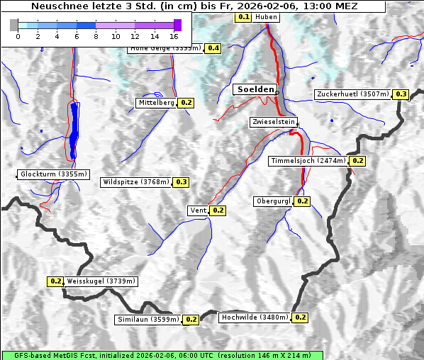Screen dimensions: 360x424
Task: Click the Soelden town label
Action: [254, 89]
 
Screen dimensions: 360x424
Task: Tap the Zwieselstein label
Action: [273, 123]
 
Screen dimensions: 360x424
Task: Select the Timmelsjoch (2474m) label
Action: [308, 161]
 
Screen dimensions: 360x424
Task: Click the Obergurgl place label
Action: [273, 201]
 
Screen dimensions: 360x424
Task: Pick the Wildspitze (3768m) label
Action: [136, 182]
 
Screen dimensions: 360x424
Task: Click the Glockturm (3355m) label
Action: [54, 174]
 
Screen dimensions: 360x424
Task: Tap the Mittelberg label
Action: [156, 103]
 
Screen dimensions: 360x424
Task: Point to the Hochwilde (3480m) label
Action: [254, 317]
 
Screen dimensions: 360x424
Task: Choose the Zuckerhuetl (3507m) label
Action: [352, 94]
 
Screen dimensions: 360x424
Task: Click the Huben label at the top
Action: [267, 17]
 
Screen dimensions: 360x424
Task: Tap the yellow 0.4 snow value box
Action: [213, 48]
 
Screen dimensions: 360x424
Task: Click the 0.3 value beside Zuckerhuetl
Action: [401, 94]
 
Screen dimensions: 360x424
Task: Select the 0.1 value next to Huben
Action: [243, 16]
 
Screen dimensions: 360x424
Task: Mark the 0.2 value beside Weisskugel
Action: [56, 281]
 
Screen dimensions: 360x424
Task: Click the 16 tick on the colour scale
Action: [174, 35]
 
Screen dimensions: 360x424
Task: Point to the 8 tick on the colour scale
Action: [96, 35]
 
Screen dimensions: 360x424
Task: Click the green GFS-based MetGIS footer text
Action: [162, 355]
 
